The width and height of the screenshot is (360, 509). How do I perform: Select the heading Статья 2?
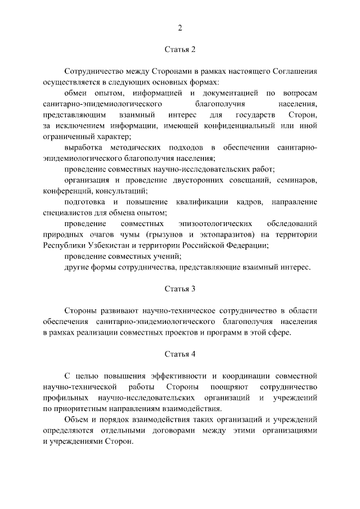click(x=180, y=49)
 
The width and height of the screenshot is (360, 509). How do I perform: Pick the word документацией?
click(x=231, y=93)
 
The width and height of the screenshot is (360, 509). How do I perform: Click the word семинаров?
click(x=299, y=180)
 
